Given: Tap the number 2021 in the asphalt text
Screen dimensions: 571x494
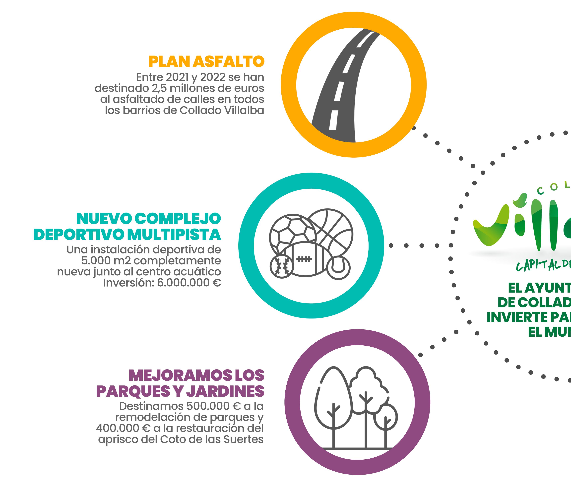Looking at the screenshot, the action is point(178,77).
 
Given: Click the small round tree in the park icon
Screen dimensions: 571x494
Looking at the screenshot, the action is point(385,416).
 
